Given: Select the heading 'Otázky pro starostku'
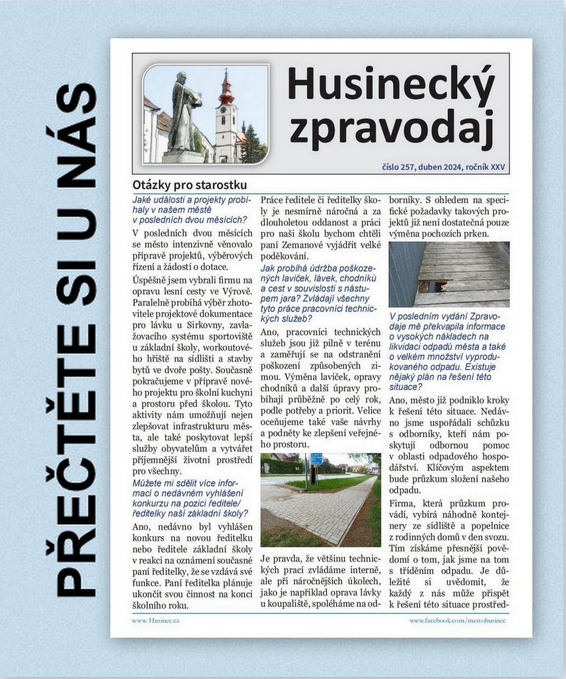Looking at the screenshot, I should [x=189, y=185].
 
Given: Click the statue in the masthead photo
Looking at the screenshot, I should [x=181, y=114].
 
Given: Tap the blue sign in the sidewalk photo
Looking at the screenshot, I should [x=316, y=459].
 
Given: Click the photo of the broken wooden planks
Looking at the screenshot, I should [x=449, y=274].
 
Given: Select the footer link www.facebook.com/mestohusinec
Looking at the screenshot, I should [x=457, y=620].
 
